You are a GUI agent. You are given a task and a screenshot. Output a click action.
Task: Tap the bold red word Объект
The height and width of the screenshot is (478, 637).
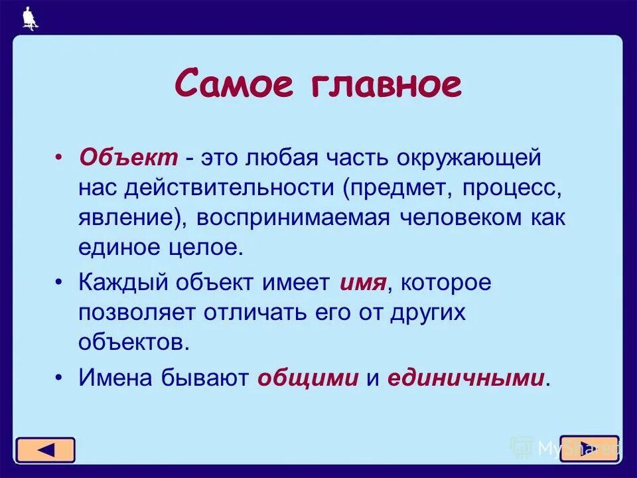pyautogui.click(x=129, y=158)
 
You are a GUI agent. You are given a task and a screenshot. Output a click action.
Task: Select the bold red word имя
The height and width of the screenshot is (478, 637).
pyautogui.click(x=362, y=282)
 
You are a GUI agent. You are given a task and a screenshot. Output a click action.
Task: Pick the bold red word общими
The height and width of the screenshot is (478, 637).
pyautogui.click(x=308, y=378)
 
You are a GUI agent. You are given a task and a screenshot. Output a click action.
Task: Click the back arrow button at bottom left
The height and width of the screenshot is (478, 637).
pyautogui.click(x=45, y=450)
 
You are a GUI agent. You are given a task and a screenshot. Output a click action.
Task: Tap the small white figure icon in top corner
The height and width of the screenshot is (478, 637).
pyautogui.click(x=29, y=18)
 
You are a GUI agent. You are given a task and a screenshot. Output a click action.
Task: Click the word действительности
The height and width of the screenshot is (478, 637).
pyautogui.click(x=223, y=189)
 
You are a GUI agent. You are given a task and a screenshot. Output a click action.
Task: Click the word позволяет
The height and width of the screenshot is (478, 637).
pyautogui.click(x=140, y=313)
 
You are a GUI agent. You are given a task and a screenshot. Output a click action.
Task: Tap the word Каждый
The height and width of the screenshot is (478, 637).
pyautogui.click(x=123, y=282)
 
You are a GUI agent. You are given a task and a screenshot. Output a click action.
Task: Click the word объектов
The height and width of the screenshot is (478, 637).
pyautogui.click(x=129, y=342)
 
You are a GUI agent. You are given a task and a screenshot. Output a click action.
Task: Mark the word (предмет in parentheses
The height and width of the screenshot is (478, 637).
pyautogui.click(x=394, y=189)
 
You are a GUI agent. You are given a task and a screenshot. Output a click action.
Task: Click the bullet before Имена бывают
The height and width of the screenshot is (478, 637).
pyautogui.click(x=59, y=377)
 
